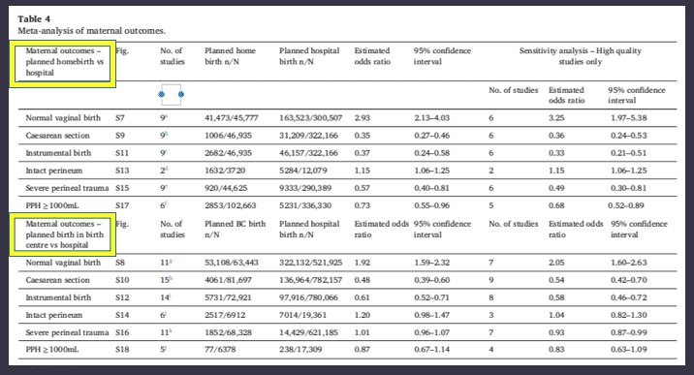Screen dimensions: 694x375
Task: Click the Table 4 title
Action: coord(34,19)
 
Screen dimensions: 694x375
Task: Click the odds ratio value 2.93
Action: coord(363,118)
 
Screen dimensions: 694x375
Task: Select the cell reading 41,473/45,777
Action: coord(231,118)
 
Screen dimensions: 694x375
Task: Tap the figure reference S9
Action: coord(120,136)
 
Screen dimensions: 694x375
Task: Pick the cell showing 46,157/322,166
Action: coord(308,153)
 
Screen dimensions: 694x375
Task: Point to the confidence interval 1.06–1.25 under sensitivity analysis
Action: coord(628,171)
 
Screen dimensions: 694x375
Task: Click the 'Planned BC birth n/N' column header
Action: coord(235,229)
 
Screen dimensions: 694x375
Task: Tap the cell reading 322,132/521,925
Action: coord(311,263)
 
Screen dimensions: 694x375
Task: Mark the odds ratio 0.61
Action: coord(363,297)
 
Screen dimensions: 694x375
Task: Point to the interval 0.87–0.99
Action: coord(628,332)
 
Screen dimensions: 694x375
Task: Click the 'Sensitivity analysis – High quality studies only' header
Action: coord(581,56)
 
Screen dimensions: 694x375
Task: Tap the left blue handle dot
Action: coord(162,94)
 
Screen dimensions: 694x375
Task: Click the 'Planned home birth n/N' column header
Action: coord(230,56)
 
